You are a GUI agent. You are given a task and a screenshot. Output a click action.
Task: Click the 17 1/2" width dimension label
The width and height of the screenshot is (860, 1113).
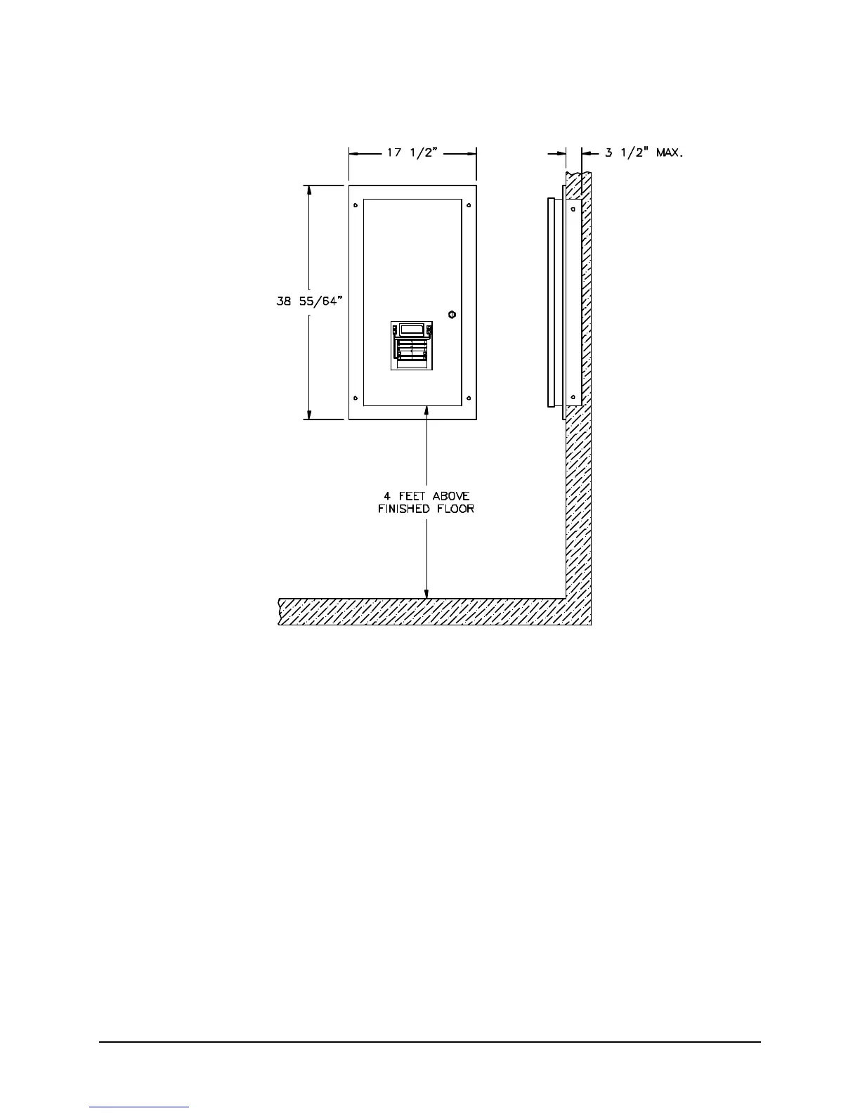click(x=412, y=152)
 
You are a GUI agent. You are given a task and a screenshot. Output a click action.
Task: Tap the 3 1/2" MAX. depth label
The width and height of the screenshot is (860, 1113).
click(x=644, y=152)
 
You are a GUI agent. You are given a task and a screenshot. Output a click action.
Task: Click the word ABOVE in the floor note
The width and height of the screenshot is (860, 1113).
click(x=451, y=496)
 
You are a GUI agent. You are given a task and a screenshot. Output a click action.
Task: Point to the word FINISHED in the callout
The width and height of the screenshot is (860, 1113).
click(x=403, y=508)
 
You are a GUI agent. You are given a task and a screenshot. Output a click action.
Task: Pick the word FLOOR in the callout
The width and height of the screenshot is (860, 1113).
click(x=457, y=508)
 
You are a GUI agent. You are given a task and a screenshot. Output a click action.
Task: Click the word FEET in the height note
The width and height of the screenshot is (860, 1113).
click(x=412, y=496)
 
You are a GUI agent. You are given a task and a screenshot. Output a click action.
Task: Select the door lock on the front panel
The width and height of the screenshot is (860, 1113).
click(x=451, y=313)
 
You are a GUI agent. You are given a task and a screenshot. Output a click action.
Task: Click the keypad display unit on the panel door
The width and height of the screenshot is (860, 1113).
click(x=412, y=346)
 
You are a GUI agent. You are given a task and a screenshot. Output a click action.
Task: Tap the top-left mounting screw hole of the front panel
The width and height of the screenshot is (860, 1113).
click(x=356, y=206)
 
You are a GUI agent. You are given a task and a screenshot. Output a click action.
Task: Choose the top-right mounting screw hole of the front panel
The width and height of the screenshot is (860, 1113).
click(x=469, y=206)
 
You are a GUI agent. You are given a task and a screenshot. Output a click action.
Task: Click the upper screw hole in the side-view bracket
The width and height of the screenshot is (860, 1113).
click(x=574, y=207)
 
